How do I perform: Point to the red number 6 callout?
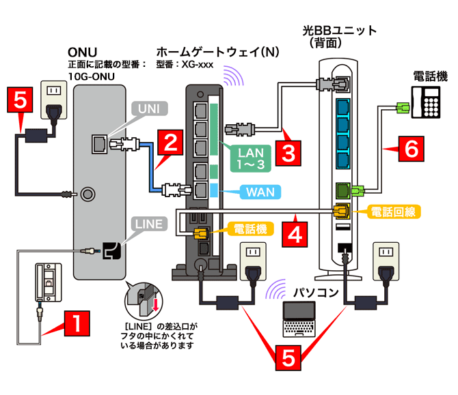coord(409,149)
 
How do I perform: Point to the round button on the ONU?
coord(87,194)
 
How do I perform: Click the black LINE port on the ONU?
coord(109,251)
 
